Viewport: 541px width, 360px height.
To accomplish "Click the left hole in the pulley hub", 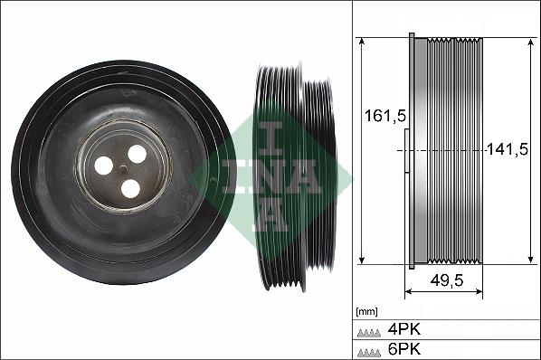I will pos(104,166).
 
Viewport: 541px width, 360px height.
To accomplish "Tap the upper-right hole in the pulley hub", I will pos(138,154).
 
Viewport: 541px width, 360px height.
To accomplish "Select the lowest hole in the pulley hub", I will pos(131,188).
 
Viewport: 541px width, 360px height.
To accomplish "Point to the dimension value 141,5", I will pos(507,149).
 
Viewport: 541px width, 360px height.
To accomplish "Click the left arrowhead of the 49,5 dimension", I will pos(407,291).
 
